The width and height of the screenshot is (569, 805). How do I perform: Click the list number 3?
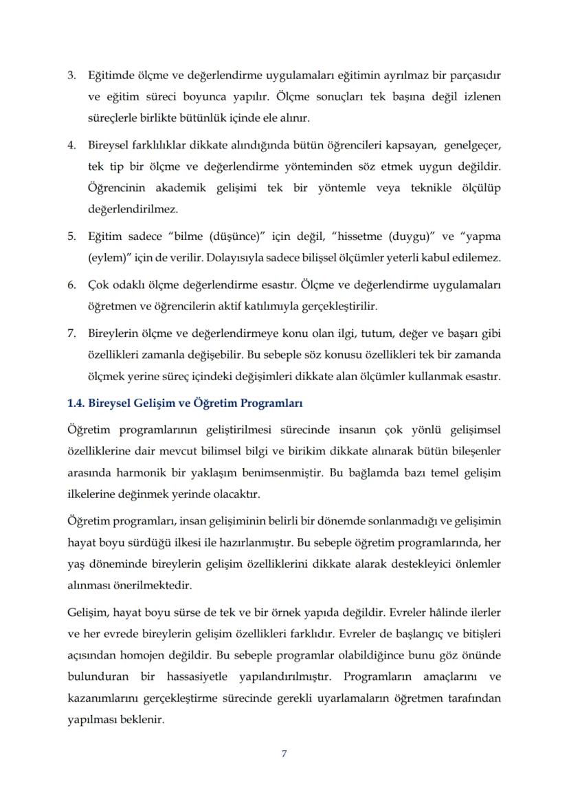pos(71,74)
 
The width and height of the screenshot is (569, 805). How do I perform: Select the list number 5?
pos(71,236)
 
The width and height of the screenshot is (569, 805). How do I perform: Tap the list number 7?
pos(71,333)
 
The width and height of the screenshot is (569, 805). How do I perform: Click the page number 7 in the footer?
pos(284,753)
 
